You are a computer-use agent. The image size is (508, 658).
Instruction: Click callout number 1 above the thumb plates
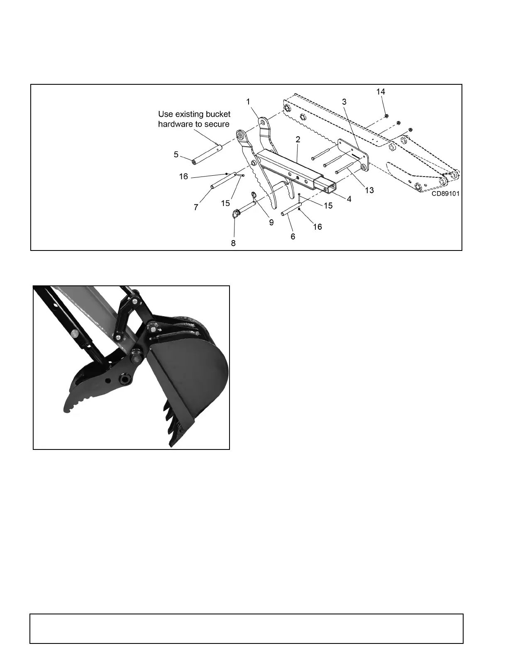248,101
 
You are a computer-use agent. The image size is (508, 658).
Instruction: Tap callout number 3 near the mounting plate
344,101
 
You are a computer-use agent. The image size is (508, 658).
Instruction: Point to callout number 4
349,199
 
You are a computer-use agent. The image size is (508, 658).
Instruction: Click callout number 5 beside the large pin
176,155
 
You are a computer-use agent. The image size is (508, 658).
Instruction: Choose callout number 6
293,237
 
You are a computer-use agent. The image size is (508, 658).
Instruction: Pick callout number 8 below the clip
233,243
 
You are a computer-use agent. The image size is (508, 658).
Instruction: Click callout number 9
271,222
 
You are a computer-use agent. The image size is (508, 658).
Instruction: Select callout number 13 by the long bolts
369,190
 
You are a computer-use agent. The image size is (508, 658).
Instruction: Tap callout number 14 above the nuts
381,92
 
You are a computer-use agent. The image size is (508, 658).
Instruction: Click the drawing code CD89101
445,194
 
